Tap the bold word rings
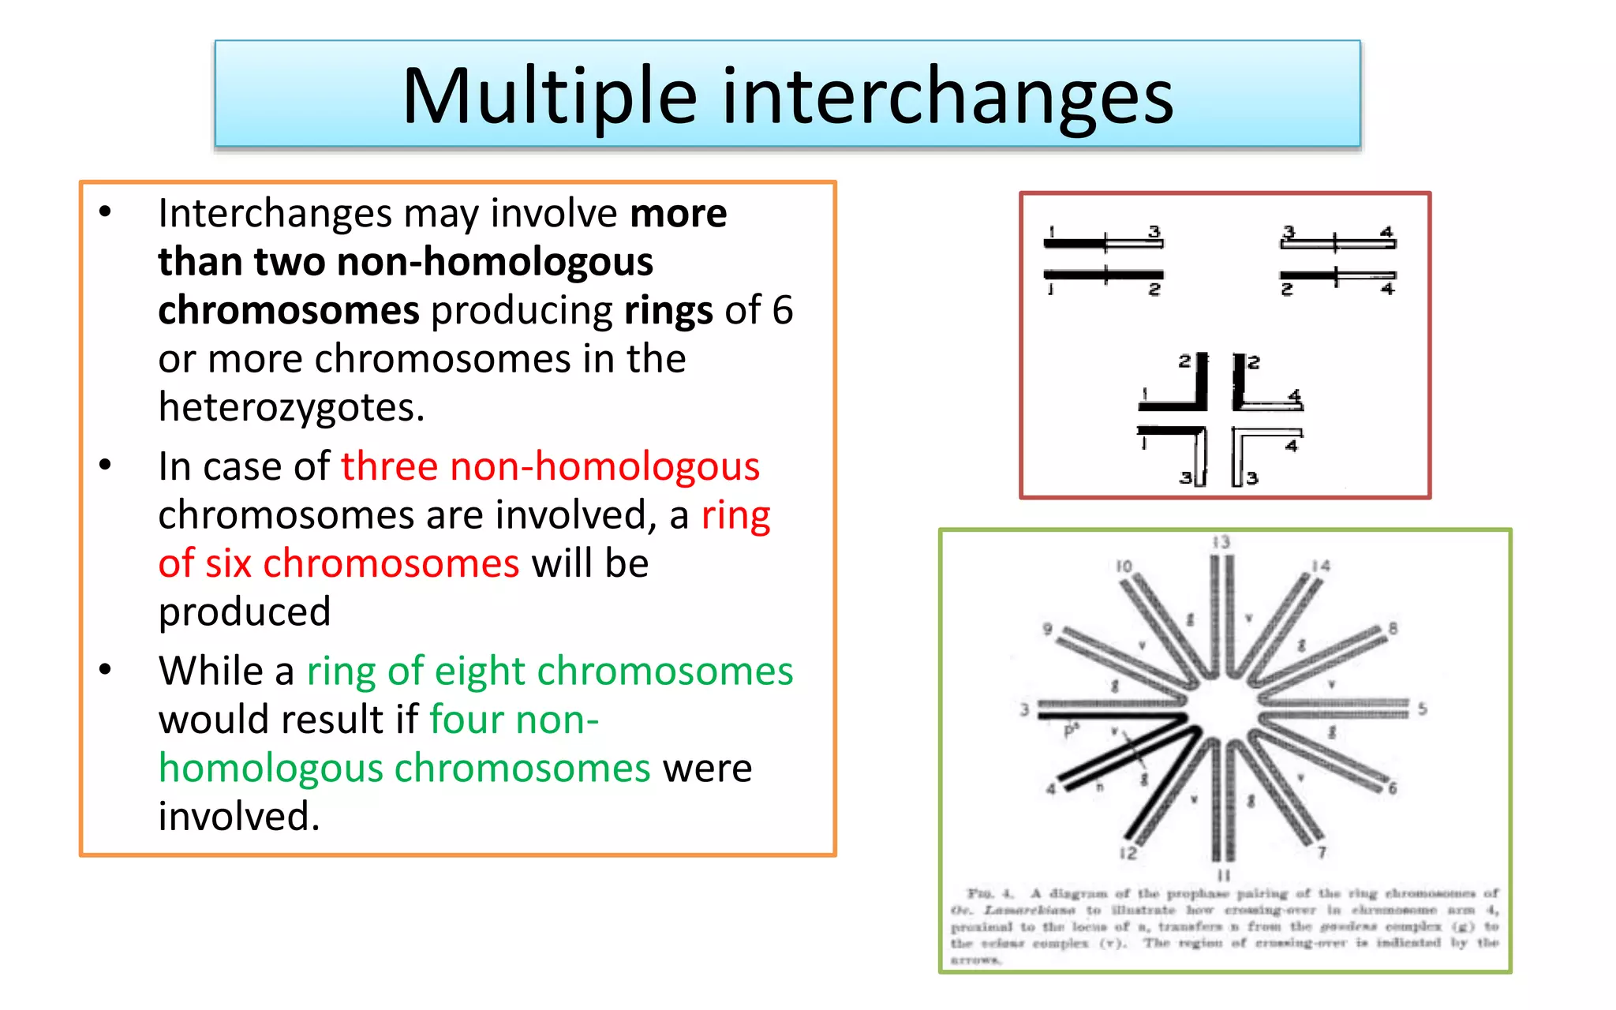[x=668, y=311]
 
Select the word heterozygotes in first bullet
[x=291, y=408]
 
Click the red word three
[x=389, y=466]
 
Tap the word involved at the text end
[x=238, y=817]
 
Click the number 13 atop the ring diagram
[x=1221, y=542]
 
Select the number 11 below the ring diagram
[x=1223, y=875]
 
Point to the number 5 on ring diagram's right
[x=1423, y=709]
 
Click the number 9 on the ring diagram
[x=1048, y=629]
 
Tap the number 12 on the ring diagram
[x=1128, y=853]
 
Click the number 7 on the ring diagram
[x=1322, y=852]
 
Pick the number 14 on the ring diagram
[x=1320, y=566]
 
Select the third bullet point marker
[x=106, y=670]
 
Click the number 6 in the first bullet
[x=782, y=311]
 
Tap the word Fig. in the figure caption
[x=979, y=894]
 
